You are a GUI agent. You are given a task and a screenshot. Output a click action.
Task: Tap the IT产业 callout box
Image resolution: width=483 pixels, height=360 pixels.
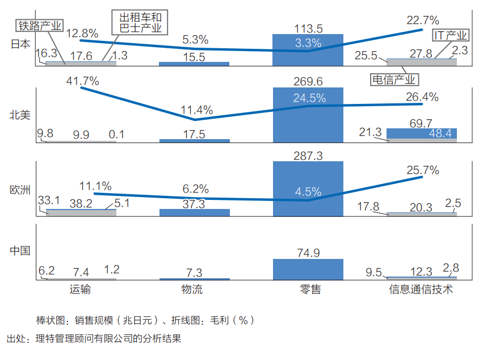tap(451, 36)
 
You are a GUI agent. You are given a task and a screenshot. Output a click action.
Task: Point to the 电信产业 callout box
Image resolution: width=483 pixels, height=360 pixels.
tap(393, 79)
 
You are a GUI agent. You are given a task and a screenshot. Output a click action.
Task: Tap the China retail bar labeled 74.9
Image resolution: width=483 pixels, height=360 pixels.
tap(308, 269)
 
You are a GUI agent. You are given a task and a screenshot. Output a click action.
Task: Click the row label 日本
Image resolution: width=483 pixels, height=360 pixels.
tap(20, 44)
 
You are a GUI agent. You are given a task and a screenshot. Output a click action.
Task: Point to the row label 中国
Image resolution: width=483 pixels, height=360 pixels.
tap(20, 250)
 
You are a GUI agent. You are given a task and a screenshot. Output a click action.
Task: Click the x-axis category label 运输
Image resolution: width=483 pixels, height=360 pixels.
tap(81, 290)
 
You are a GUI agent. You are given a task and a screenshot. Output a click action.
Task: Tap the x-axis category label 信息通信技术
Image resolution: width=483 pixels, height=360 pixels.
tap(421, 290)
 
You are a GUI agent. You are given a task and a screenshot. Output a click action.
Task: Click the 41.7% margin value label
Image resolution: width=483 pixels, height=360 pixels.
tap(82, 81)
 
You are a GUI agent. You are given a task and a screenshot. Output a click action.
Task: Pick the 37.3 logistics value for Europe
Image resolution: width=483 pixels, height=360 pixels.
tap(194, 204)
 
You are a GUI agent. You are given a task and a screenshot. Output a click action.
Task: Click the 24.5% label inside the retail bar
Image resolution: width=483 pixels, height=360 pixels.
tap(309, 98)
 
